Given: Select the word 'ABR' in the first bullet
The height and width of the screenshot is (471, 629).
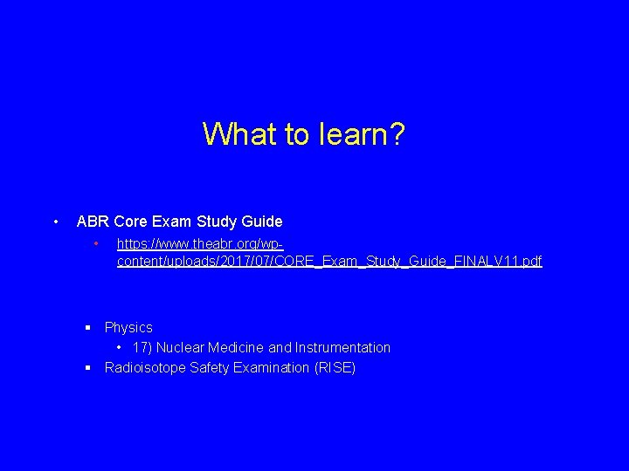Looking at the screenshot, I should pyautogui.click(x=93, y=222).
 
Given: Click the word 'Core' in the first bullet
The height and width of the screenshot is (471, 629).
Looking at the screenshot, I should pyautogui.click(x=131, y=222).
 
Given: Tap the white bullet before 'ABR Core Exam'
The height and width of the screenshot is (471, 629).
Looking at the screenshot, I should pyautogui.click(x=56, y=222).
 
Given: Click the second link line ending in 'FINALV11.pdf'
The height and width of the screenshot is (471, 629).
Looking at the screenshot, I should pyautogui.click(x=329, y=261).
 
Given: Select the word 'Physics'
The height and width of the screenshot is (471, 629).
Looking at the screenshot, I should pyautogui.click(x=128, y=328).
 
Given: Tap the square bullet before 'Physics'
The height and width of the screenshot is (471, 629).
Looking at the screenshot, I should pyautogui.click(x=88, y=328).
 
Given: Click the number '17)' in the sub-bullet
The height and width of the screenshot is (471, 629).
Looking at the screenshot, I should pyautogui.click(x=142, y=348).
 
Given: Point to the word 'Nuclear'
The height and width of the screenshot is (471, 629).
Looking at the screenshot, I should pyautogui.click(x=181, y=348).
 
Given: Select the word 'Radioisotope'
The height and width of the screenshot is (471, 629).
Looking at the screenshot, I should pyautogui.click(x=144, y=368).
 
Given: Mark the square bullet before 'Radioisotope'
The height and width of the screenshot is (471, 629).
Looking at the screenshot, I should pyautogui.click(x=88, y=368).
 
